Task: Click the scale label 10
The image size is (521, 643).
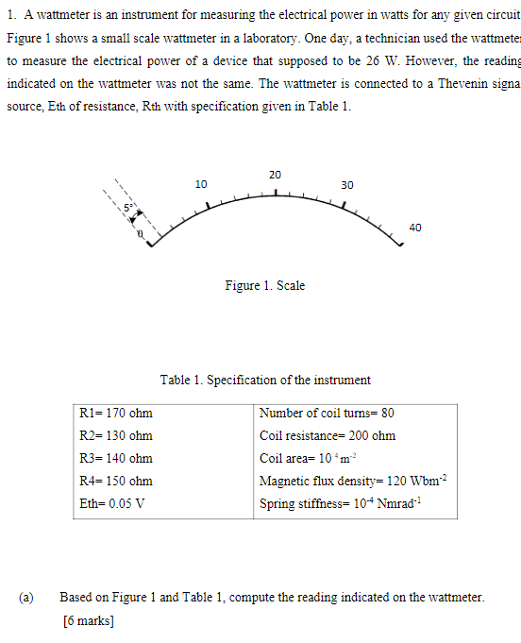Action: (x=201, y=183)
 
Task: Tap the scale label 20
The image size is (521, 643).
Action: (x=275, y=175)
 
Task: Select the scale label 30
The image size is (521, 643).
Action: (x=346, y=185)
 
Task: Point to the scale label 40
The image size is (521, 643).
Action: (x=416, y=227)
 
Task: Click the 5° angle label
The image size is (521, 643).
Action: (x=134, y=207)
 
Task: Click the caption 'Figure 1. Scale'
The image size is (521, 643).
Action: (x=264, y=285)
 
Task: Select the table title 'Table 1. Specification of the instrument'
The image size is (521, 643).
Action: (x=265, y=380)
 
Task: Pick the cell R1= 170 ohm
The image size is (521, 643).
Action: (x=117, y=414)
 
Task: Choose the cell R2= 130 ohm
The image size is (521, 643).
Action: (x=117, y=436)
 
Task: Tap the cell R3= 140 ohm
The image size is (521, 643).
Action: (x=117, y=459)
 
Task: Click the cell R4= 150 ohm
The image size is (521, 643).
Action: (x=117, y=482)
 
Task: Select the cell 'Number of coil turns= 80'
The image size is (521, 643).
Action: (x=327, y=414)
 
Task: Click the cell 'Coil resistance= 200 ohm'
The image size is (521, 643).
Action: (x=328, y=436)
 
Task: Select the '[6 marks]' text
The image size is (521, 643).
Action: (x=88, y=620)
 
